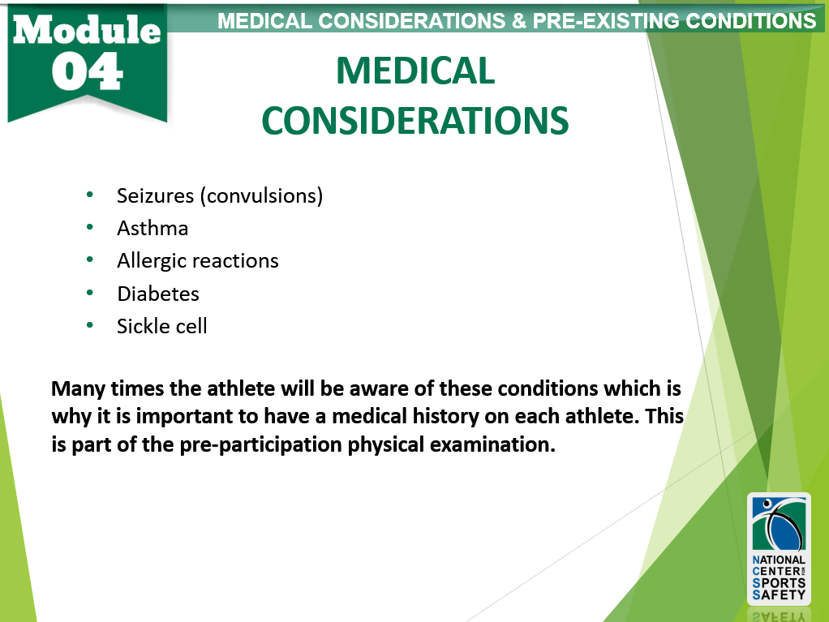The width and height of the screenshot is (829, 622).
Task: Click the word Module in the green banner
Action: (x=87, y=31)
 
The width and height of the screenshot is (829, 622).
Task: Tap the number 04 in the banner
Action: (x=88, y=72)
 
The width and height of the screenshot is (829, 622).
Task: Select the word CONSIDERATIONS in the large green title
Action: (x=415, y=122)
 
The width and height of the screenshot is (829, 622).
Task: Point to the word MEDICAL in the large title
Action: (x=415, y=71)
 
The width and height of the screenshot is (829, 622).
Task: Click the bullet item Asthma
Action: (x=152, y=228)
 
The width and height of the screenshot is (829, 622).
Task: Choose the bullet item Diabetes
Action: (x=158, y=293)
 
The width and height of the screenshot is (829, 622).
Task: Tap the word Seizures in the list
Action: (x=155, y=195)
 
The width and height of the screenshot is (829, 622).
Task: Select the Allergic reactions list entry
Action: (x=197, y=260)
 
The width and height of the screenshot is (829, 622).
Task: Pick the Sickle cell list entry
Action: (x=162, y=326)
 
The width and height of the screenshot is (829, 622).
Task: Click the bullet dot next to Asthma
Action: (x=90, y=228)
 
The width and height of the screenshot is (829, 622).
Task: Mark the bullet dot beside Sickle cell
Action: (x=90, y=326)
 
